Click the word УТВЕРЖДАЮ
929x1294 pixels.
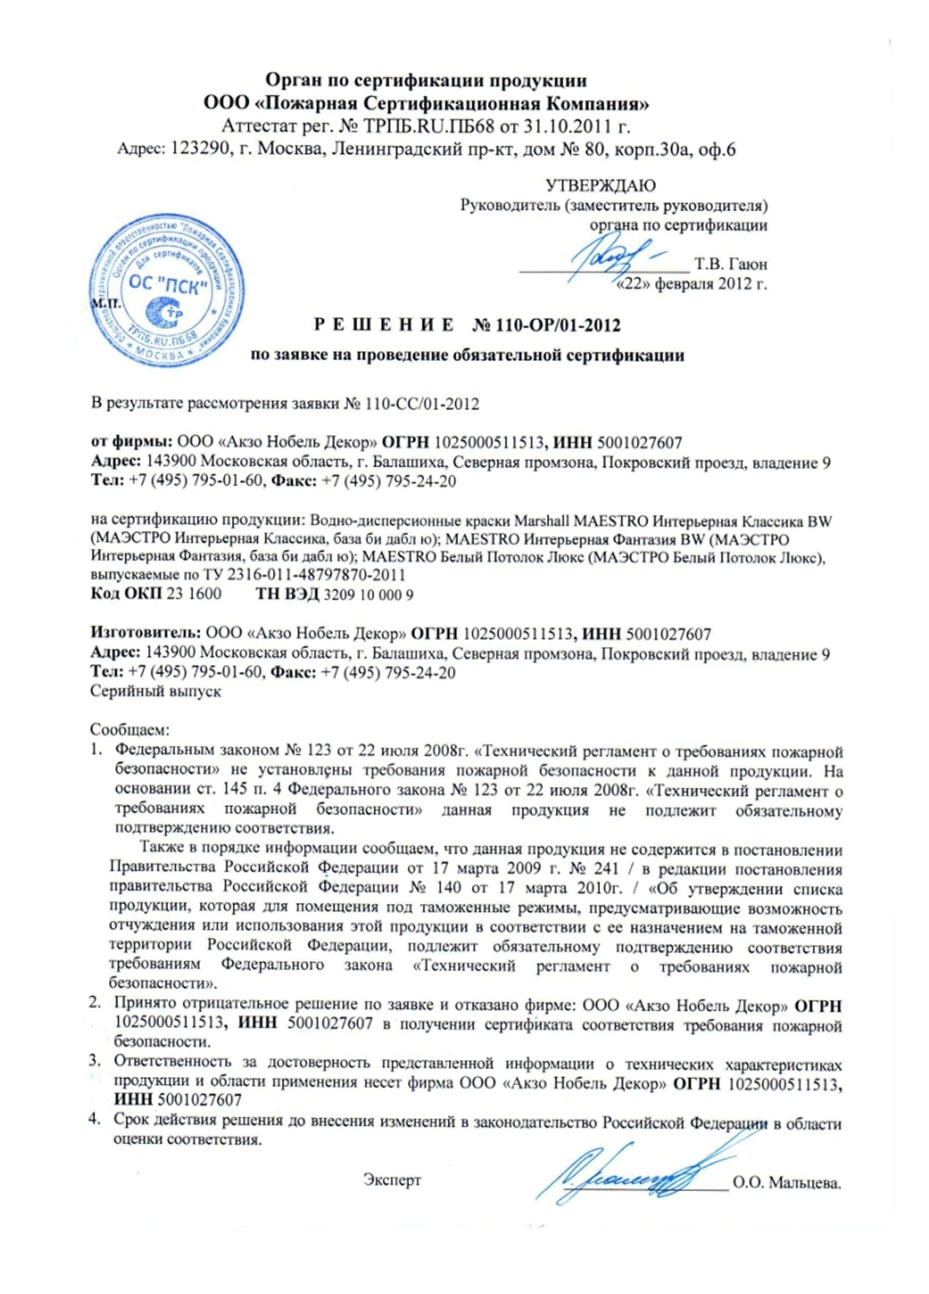600,186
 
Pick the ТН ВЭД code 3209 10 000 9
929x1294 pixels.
368,595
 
